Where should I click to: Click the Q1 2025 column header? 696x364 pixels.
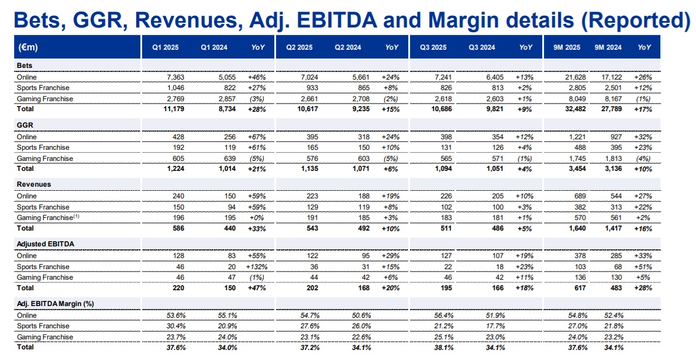click(x=165, y=47)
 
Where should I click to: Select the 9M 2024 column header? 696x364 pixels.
click(x=608, y=47)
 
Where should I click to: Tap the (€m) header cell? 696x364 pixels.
click(x=27, y=47)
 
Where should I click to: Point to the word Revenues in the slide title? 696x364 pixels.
click(x=188, y=20)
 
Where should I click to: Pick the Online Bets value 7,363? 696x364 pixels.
click(x=175, y=77)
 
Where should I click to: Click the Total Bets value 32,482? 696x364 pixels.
click(x=576, y=109)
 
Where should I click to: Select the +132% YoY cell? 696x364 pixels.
click(x=257, y=267)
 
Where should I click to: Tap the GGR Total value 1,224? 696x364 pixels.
click(x=176, y=169)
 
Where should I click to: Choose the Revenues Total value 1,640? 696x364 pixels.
click(x=577, y=228)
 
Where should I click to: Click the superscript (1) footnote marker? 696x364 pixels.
click(x=77, y=216)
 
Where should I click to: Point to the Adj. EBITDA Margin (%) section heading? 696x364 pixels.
click(x=55, y=304)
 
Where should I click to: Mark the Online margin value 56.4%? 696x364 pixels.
click(x=443, y=315)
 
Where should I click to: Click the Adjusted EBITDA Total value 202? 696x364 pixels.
click(x=312, y=288)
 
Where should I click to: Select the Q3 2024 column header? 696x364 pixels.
click(x=481, y=47)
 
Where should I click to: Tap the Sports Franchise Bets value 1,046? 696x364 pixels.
click(x=175, y=88)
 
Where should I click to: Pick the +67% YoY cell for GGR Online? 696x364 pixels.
click(x=257, y=137)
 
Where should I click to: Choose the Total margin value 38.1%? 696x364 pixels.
click(x=443, y=348)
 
